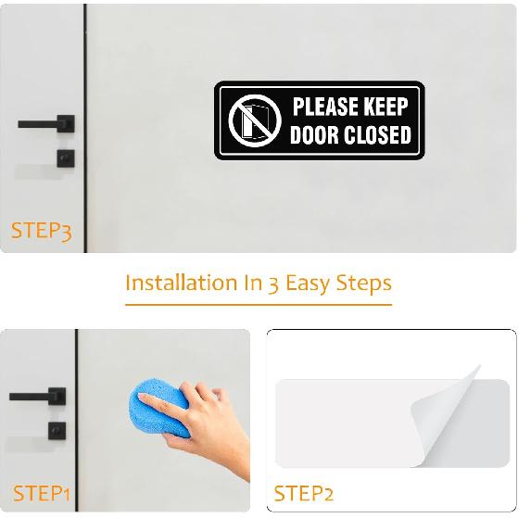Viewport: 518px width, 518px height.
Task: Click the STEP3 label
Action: pos(41,231)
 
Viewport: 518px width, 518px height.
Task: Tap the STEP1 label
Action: pos(42,493)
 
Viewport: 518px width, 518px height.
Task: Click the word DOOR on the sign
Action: pos(315,135)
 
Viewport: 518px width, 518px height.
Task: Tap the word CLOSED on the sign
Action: pos(377,135)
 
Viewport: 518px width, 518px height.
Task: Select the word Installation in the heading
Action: pos(181,283)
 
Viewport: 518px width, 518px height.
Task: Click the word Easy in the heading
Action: pos(310,283)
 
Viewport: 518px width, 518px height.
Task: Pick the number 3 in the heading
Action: pos(273,284)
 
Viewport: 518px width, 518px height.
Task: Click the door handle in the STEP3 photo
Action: pos(46,123)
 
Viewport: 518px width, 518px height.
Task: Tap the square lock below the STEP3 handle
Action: pos(65,157)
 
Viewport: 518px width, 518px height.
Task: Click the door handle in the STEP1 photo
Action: pos(37,397)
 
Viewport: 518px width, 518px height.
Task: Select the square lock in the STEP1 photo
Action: pos(57,431)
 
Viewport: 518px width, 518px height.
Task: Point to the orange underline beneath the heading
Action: pos(259,303)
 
